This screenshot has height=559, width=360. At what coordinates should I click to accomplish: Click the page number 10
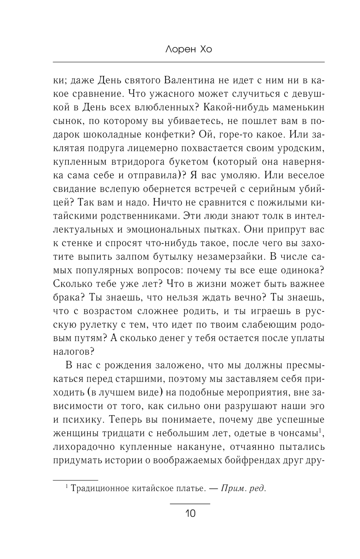(x=190, y=513)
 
